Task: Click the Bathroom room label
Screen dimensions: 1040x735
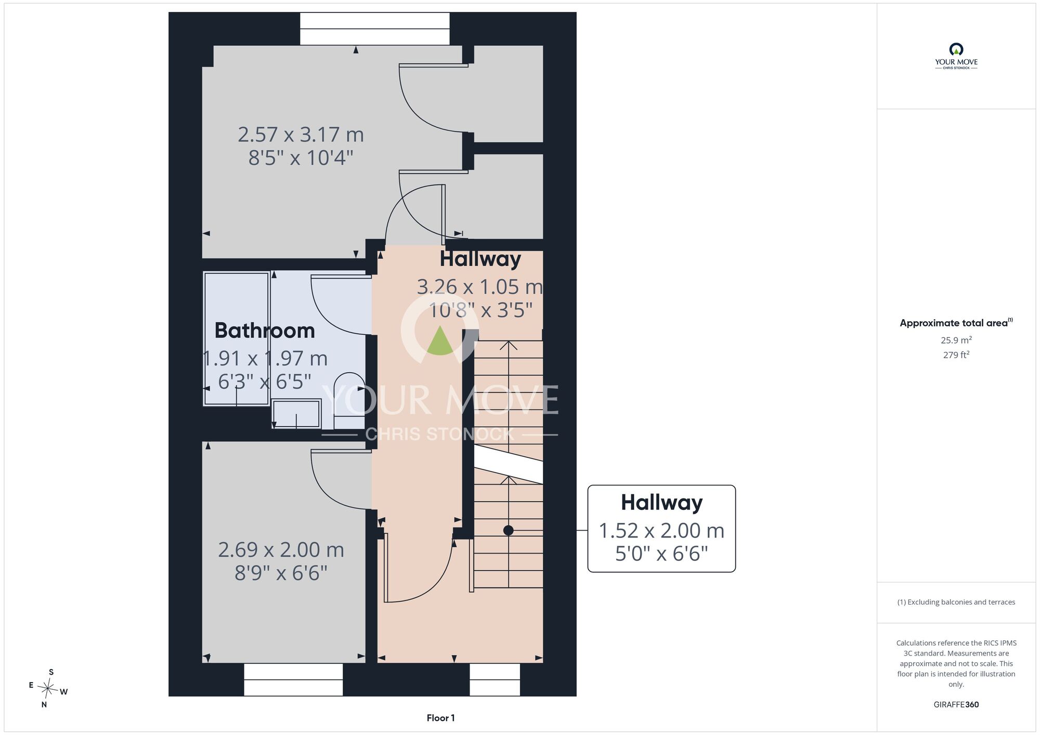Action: coord(265,331)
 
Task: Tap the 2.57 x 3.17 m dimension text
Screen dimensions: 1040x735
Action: coord(301,135)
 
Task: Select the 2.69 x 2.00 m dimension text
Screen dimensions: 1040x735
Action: coord(281,549)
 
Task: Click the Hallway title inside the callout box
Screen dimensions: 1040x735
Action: coord(661,502)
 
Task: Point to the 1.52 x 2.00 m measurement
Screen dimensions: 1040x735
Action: coord(661,531)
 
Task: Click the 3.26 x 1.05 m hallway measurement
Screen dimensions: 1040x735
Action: coord(479,287)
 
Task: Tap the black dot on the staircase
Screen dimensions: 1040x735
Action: coord(509,530)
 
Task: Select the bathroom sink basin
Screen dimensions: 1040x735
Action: coord(296,414)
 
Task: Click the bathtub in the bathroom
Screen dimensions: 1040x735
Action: coord(237,338)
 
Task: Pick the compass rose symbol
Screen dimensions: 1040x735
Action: coord(48,689)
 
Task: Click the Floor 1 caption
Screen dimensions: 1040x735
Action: coord(440,718)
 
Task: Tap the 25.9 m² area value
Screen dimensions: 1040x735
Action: coord(956,340)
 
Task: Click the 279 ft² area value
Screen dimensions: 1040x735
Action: coord(956,355)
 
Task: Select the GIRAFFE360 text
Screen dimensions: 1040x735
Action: coord(956,704)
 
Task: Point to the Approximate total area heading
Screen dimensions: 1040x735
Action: coord(956,322)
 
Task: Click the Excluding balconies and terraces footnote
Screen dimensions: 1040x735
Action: coord(956,602)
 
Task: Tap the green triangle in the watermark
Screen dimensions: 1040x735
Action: coord(440,340)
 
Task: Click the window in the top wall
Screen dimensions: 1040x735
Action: coord(375,29)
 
